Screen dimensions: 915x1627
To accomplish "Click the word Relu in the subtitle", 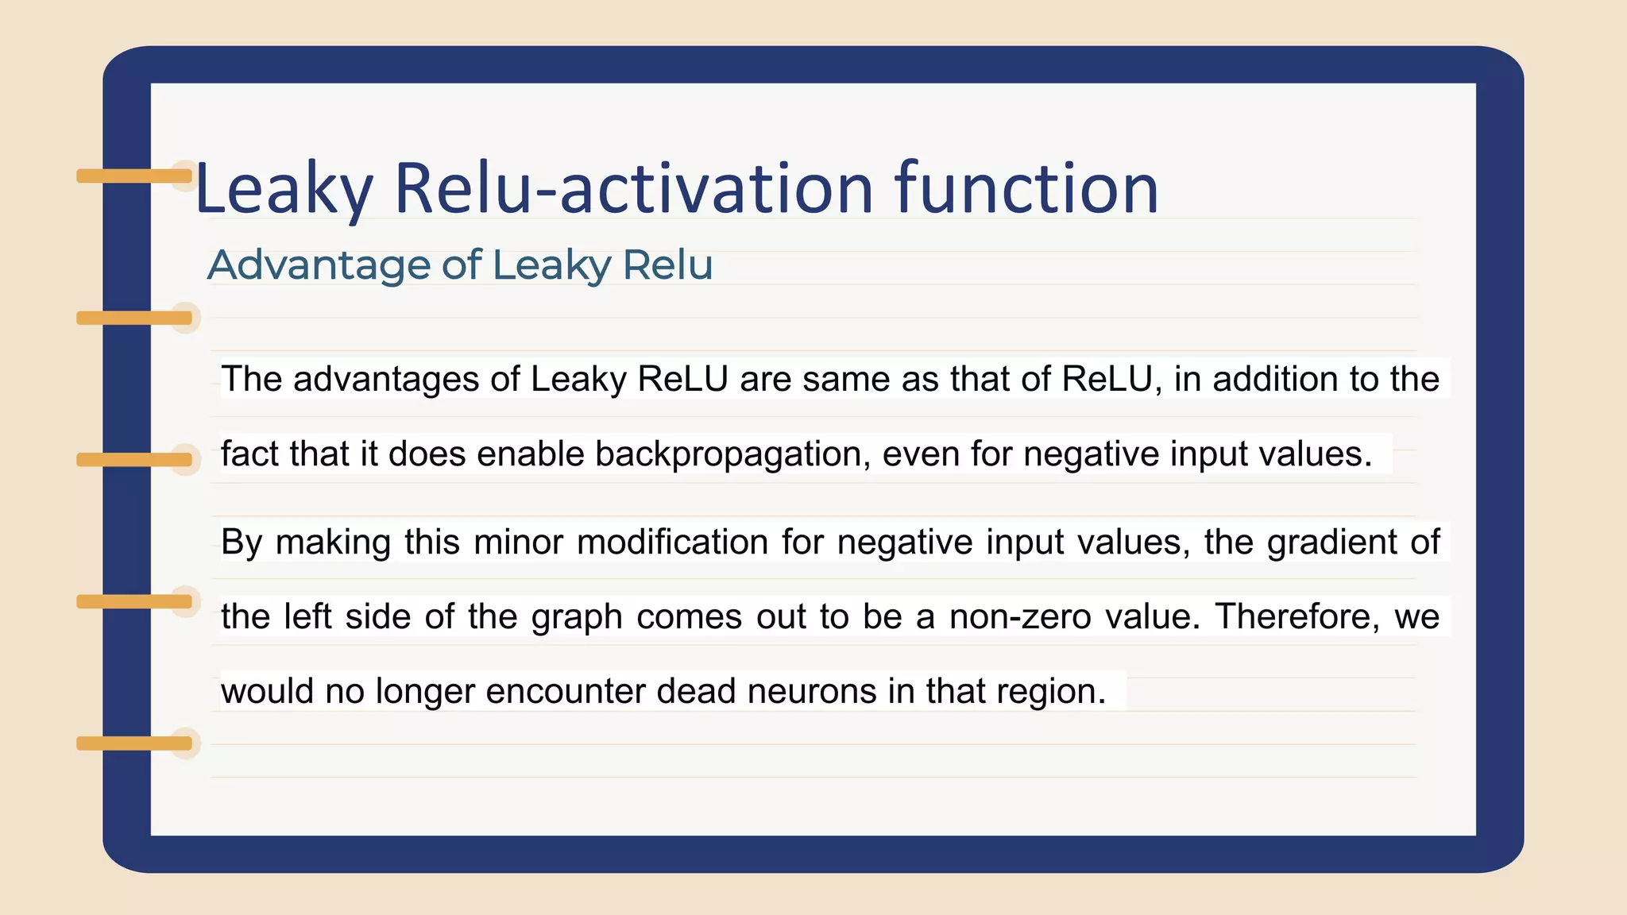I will click(x=667, y=265).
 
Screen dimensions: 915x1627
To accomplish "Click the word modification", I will click(x=672, y=542).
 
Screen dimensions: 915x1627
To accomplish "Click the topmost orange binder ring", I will click(x=133, y=176).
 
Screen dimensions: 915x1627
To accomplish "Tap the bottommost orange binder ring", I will click(x=133, y=743).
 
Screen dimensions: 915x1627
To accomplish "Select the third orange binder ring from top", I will click(x=133, y=459).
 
